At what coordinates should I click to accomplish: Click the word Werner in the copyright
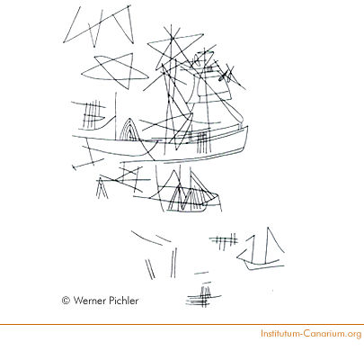click(89, 301)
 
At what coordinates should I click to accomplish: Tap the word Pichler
click(123, 301)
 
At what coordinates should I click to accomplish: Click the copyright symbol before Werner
click(66, 301)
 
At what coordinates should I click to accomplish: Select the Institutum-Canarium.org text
click(311, 334)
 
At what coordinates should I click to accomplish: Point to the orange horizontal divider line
click(182, 324)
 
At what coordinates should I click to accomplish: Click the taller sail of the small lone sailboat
click(273, 245)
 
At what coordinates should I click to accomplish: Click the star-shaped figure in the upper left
click(114, 71)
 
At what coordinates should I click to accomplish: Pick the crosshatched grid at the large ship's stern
click(93, 115)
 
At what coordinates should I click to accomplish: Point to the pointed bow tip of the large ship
click(247, 126)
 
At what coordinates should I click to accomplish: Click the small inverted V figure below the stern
click(102, 188)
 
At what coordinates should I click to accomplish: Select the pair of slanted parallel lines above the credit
click(150, 269)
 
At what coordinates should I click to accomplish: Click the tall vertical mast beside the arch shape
click(116, 116)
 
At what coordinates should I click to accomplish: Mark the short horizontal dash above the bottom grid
click(201, 273)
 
